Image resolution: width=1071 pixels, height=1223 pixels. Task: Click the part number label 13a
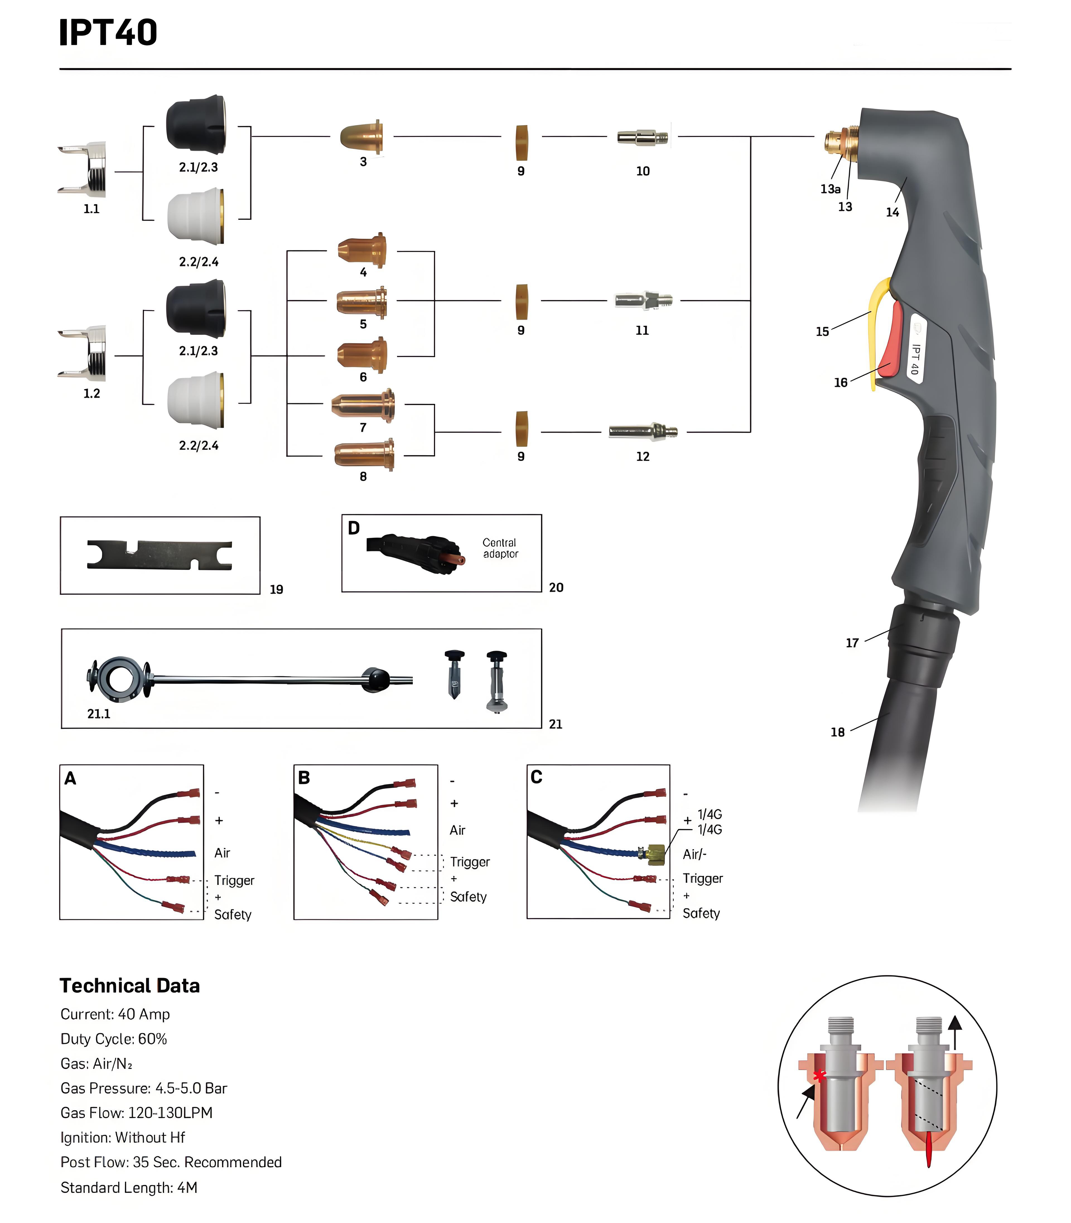pyautogui.click(x=830, y=189)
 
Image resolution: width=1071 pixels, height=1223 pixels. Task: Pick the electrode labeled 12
pyautogui.click(x=643, y=431)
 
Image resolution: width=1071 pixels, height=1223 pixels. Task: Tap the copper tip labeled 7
pyautogui.click(x=363, y=405)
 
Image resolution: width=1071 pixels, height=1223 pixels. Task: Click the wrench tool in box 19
pyautogui.click(x=160, y=555)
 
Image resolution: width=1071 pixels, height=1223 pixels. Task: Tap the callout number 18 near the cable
pyautogui.click(x=837, y=732)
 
